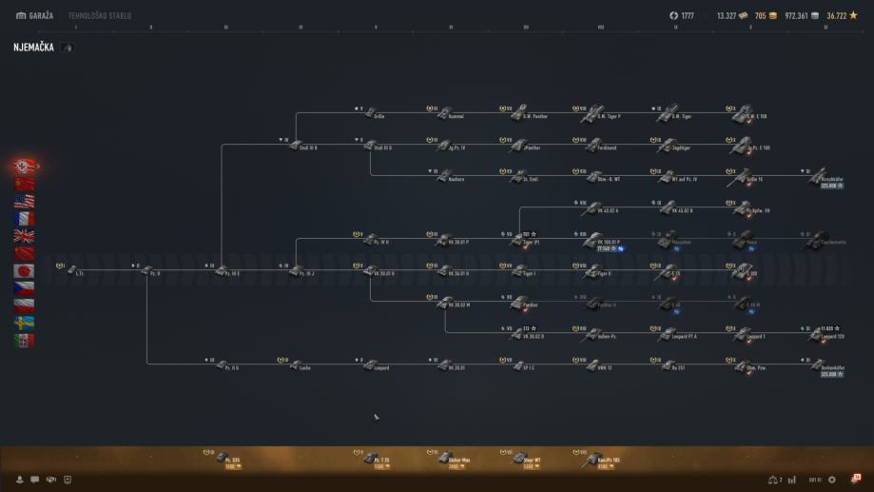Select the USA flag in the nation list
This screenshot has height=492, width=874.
(x=24, y=201)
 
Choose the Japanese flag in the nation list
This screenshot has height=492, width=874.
(x=24, y=270)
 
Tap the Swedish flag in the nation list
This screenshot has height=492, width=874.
(x=24, y=323)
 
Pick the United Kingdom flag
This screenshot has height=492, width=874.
(x=24, y=236)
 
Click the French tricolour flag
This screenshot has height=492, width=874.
(x=24, y=218)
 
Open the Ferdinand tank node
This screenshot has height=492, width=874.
(x=593, y=145)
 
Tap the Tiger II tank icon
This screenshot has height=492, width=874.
(x=593, y=271)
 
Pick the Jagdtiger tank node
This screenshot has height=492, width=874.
(x=670, y=145)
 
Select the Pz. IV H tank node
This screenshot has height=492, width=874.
(x=370, y=240)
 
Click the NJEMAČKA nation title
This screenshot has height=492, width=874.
(x=33, y=48)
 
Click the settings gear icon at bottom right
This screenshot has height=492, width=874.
(x=832, y=480)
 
